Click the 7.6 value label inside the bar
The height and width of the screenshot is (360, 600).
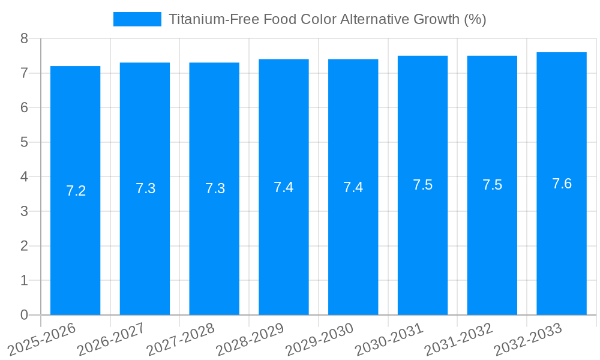pos(562,184)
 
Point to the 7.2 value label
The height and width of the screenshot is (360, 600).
pos(76,191)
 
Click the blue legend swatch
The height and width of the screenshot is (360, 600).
pos(137,19)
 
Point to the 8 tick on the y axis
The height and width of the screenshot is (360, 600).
pos(24,38)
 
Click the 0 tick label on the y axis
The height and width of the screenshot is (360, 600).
pos(24,315)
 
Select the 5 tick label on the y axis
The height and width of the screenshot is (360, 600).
pos(24,142)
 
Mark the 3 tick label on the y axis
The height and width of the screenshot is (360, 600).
pos(24,211)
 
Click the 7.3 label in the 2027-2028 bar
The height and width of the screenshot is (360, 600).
pos(215,188)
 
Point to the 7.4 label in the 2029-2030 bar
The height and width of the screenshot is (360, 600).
pos(353,187)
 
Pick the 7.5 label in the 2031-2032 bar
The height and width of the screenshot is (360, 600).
pos(492,185)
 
